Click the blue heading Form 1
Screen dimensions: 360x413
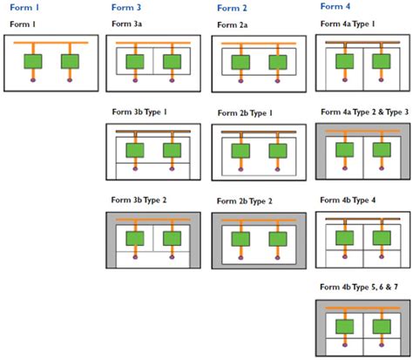[24, 7]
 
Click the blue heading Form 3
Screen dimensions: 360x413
[126, 7]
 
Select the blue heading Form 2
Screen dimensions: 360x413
[231, 7]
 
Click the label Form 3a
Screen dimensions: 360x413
[126, 25]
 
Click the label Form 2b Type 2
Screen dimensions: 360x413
[249, 201]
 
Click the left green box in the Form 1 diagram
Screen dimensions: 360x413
[33, 61]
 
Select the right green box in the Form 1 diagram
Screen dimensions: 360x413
[70, 61]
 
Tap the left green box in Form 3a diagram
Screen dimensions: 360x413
[135, 62]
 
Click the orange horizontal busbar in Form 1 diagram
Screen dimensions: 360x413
[51, 43]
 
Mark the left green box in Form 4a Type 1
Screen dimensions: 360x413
[343, 61]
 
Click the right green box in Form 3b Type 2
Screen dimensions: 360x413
[173, 238]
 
